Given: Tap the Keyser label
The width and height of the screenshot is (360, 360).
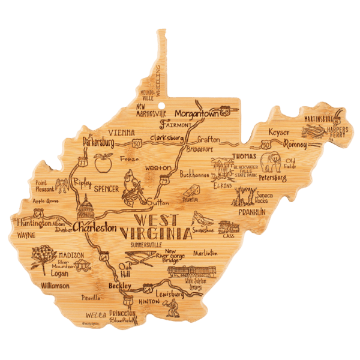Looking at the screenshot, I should point(279,131).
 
